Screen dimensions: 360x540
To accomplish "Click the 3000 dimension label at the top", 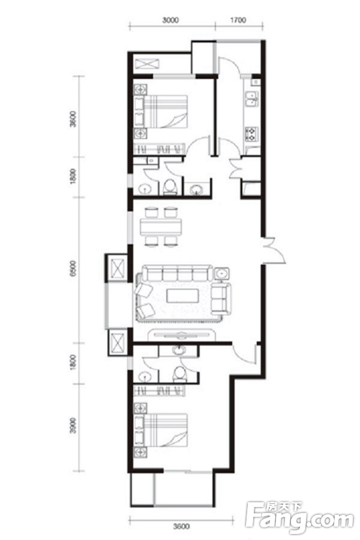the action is click(170, 20).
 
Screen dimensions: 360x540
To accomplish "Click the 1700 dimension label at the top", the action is click(238, 20).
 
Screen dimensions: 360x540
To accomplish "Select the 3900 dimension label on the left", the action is click(73, 426).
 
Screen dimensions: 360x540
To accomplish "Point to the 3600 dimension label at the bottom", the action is click(182, 526).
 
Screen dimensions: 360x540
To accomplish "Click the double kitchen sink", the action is click(252, 99).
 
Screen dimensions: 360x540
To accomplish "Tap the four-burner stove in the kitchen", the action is click(252, 134).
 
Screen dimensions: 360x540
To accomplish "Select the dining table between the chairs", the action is click(161, 227).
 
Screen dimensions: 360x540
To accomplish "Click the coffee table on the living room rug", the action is click(182, 296).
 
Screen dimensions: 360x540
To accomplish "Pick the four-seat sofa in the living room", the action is click(178, 274).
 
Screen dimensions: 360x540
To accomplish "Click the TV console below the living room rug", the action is click(182, 335).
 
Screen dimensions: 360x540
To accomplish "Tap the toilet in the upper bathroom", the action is click(169, 187).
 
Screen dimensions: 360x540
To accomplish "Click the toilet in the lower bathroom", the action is click(179, 374).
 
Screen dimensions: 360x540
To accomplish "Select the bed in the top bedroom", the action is click(166, 112).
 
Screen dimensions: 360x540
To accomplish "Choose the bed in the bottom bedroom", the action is click(166, 430).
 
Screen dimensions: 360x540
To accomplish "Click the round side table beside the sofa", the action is click(223, 274).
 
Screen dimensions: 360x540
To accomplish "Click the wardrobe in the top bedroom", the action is click(160, 149).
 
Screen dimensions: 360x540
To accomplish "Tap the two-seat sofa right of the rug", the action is click(221, 299).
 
